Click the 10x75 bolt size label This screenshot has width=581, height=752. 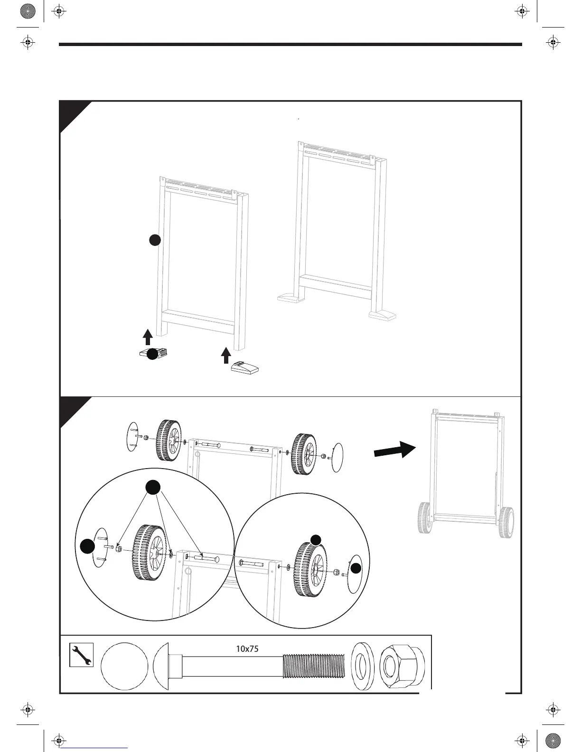(247, 649)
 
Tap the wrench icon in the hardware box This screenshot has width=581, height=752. (81, 655)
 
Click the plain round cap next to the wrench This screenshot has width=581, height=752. (124, 666)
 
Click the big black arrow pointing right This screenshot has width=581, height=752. (394, 449)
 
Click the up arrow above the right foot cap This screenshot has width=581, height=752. (226, 355)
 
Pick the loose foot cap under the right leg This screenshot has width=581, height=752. (245, 368)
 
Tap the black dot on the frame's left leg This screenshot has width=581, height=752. (154, 240)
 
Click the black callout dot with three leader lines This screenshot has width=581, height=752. (152, 487)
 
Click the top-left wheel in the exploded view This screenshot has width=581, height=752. (169, 440)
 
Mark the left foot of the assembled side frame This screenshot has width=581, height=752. (290, 298)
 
